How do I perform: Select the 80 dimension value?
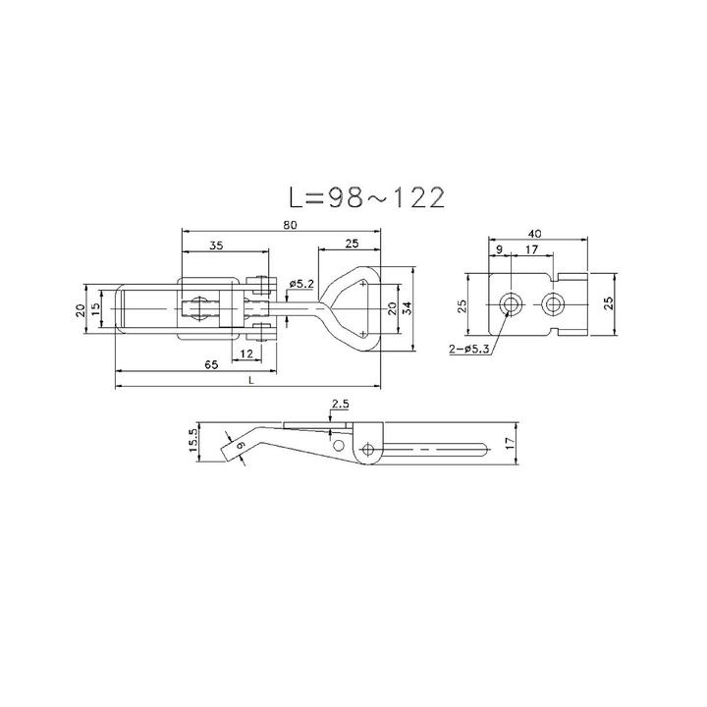tap(292, 225)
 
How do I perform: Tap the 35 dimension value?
tap(216, 245)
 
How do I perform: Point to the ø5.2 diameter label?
tap(301, 284)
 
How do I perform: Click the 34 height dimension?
tap(406, 307)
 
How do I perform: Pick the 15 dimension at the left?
tap(95, 307)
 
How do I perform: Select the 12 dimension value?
tap(245, 352)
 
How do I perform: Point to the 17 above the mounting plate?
tap(529, 250)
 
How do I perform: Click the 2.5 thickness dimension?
tap(340, 404)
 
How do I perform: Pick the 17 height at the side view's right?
tap(508, 444)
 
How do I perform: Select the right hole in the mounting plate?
tap(554, 303)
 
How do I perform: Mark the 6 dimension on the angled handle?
tap(240, 448)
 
